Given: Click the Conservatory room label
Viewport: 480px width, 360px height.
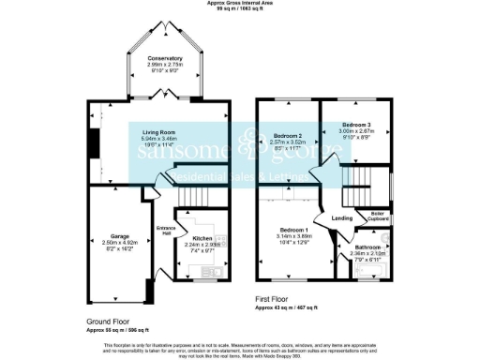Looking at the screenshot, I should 164,57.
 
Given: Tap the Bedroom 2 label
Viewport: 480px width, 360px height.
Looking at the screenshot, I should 289,136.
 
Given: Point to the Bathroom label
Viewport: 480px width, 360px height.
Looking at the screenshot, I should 367,247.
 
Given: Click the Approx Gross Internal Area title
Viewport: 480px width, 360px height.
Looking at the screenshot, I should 240,4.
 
